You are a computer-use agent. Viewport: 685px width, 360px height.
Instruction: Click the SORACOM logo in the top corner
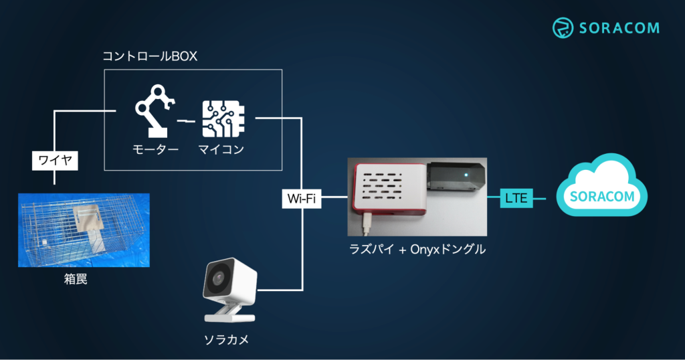pos(605,27)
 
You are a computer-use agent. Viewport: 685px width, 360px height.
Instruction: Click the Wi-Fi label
pos(302,199)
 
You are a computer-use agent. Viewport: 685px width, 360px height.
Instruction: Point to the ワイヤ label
pos(56,161)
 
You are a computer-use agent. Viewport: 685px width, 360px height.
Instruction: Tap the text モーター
pos(155,149)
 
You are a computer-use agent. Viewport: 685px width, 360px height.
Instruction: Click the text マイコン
pos(221,149)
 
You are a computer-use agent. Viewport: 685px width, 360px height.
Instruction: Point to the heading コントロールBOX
pos(150,56)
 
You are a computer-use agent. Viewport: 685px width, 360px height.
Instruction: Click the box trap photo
pos(84,230)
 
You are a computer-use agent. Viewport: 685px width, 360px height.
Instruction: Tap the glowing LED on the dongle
pos(464,176)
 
